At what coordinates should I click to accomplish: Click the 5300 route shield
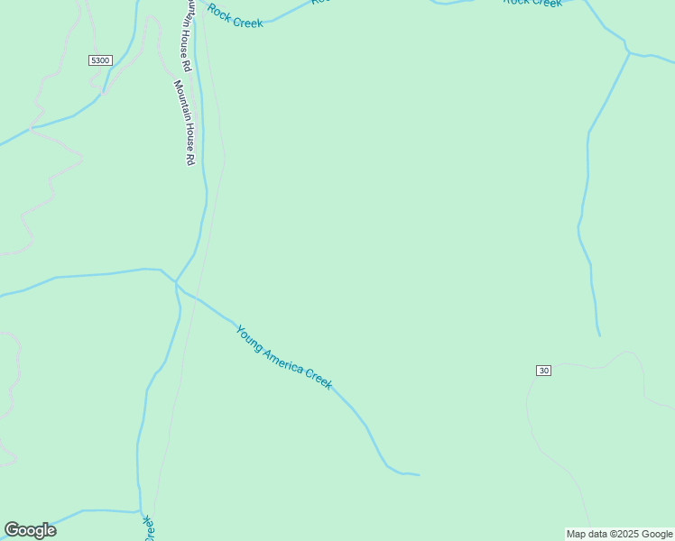tap(100, 60)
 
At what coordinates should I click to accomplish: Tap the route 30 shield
tap(543, 371)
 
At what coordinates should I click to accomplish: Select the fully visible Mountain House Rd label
tap(183, 122)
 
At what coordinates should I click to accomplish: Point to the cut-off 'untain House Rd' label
tap(188, 34)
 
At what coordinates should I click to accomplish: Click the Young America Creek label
tap(284, 357)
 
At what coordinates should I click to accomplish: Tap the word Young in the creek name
tap(249, 336)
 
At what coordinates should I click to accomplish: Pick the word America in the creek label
tap(282, 358)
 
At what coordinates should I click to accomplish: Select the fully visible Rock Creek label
tap(236, 16)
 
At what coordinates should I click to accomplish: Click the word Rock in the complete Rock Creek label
tap(220, 12)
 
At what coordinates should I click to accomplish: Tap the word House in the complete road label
tap(185, 133)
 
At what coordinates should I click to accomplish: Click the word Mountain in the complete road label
tap(180, 99)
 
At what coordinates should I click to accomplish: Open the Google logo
tap(30, 530)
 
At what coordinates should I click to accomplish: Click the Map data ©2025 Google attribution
tap(619, 534)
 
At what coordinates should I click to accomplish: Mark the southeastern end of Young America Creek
tap(419, 474)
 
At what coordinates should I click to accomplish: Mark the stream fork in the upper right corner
tap(629, 53)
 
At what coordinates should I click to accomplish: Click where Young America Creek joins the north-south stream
tap(177, 282)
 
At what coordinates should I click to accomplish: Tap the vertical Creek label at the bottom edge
tap(148, 527)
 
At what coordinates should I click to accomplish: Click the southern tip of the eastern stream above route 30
tap(599, 335)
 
